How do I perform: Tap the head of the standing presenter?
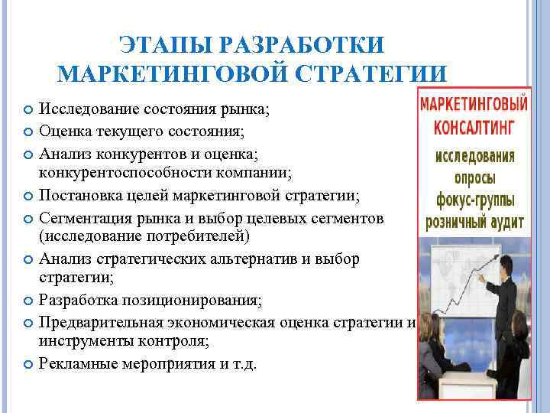tap(505, 265)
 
